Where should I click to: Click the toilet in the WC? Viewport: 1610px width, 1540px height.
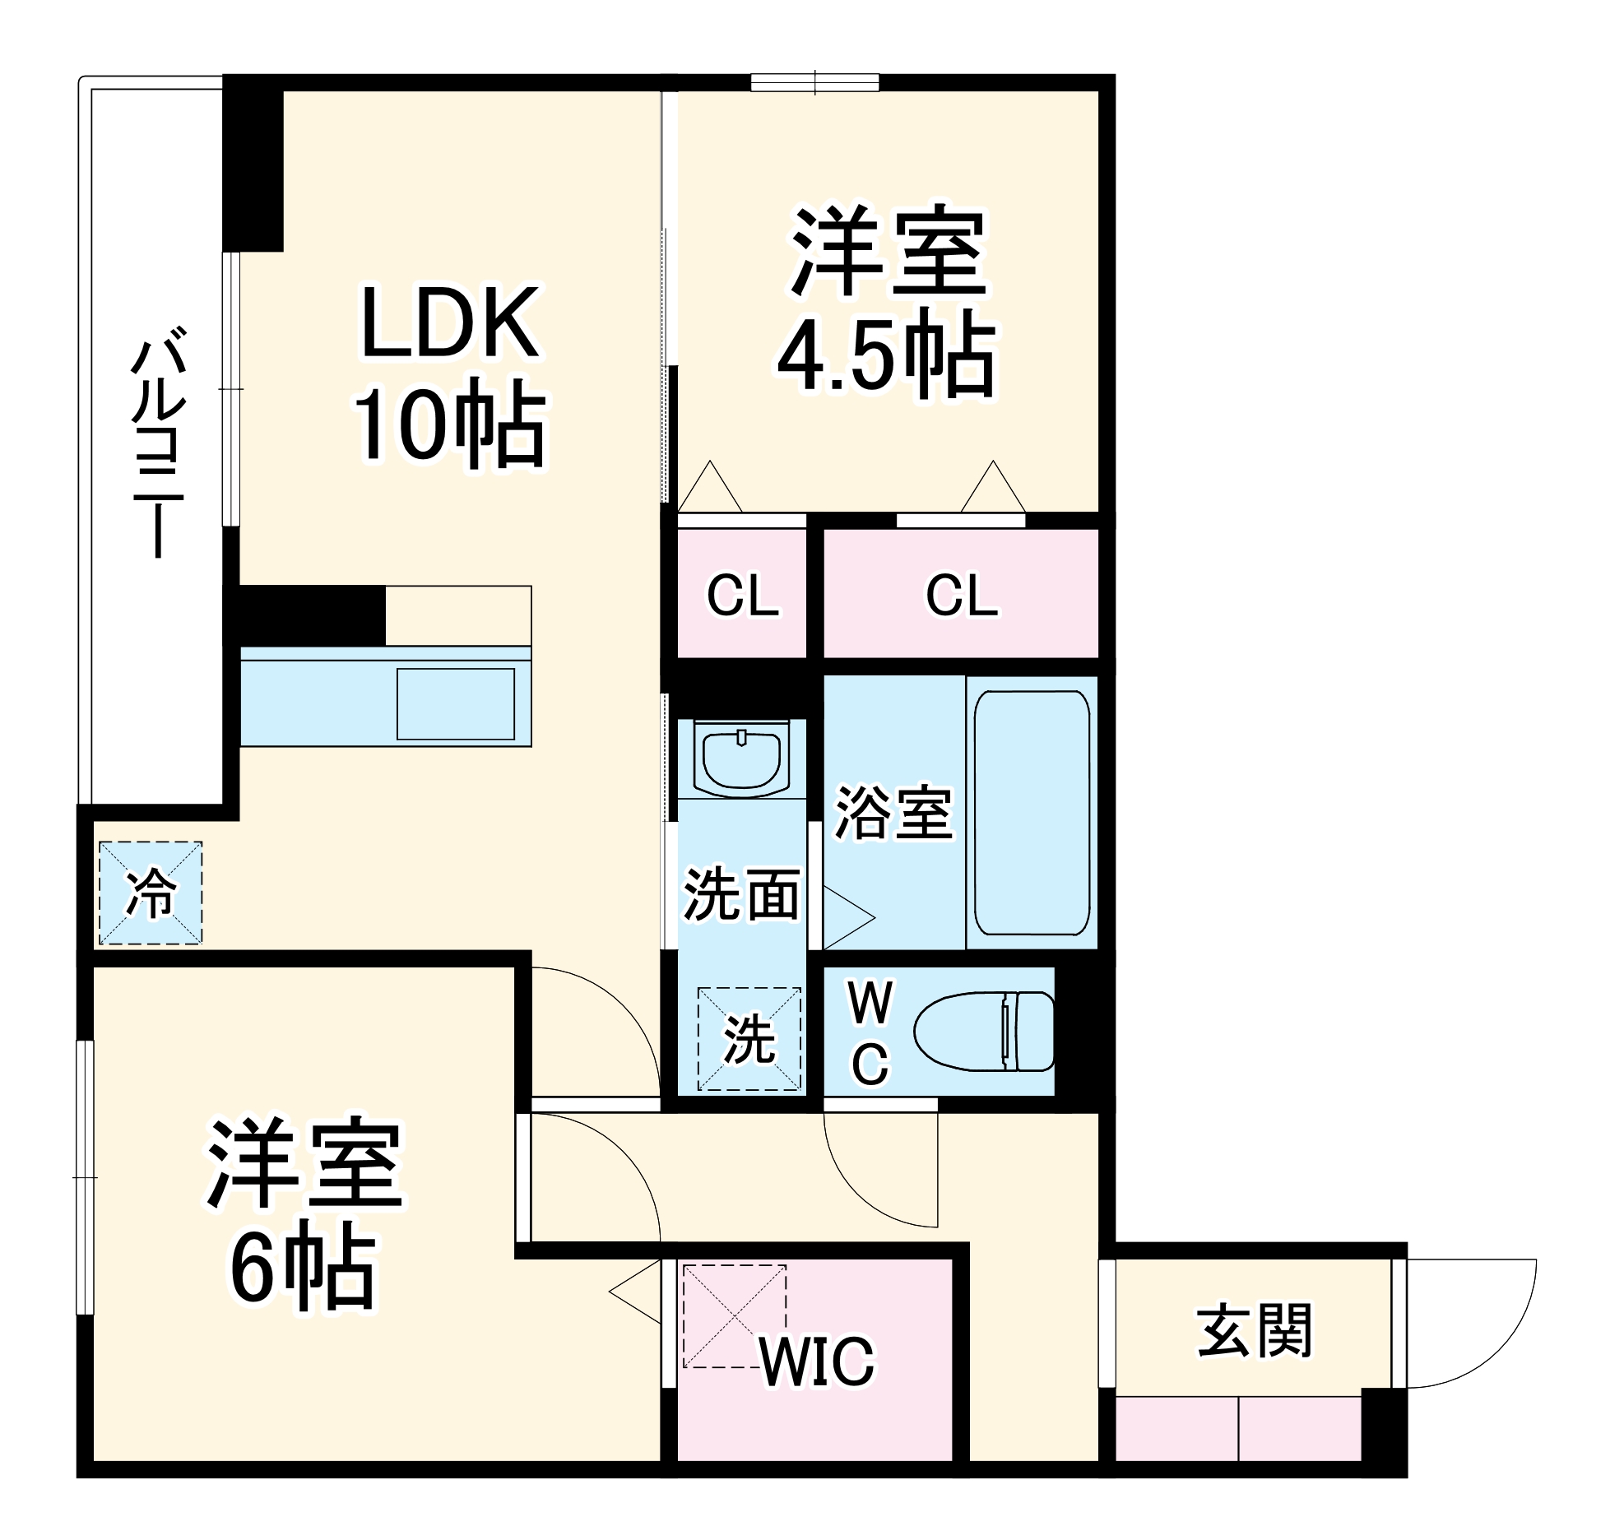tap(984, 1031)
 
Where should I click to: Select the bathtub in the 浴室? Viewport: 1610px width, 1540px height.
tap(1032, 812)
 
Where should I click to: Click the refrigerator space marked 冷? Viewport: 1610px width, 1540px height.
tap(151, 893)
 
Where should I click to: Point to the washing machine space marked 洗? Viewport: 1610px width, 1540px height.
tap(749, 1039)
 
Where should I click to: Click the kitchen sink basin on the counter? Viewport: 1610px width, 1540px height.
tap(456, 703)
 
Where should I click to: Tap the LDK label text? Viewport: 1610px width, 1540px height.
tap(450, 322)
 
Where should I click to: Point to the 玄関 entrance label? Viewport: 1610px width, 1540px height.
tap(1254, 1330)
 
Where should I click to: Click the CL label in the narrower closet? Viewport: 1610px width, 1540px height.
tap(742, 596)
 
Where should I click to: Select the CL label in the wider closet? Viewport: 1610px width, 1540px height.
tap(962, 596)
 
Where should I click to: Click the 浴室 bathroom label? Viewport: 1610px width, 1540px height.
tap(893, 814)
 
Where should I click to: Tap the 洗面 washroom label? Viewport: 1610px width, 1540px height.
tap(741, 895)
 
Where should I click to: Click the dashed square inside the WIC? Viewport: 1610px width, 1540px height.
tap(734, 1317)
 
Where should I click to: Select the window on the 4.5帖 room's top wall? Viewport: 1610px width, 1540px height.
tap(814, 82)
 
